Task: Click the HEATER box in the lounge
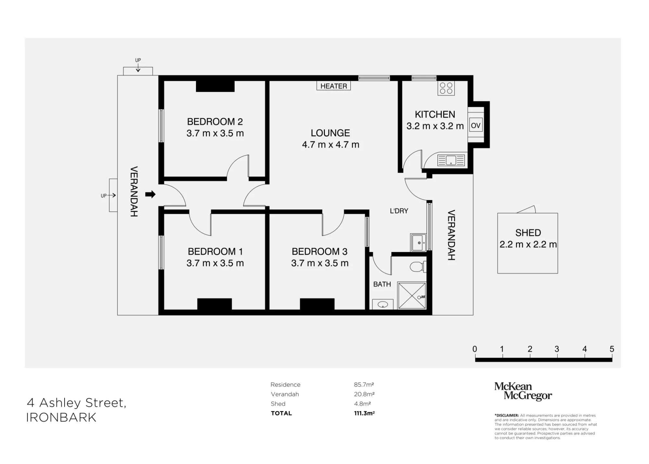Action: pyautogui.click(x=334, y=86)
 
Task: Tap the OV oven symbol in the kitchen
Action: pyautogui.click(x=476, y=125)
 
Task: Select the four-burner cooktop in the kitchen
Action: pyautogui.click(x=446, y=88)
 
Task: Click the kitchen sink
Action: pyautogui.click(x=451, y=160)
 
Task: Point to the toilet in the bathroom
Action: pyautogui.click(x=417, y=267)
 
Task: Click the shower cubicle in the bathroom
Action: pyautogui.click(x=412, y=296)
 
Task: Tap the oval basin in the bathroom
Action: pyautogui.click(x=383, y=304)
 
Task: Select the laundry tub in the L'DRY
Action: pyautogui.click(x=418, y=242)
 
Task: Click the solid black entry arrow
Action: pyautogui.click(x=150, y=194)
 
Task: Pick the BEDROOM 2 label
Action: pyautogui.click(x=215, y=122)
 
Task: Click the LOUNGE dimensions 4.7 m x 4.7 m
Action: pyautogui.click(x=331, y=145)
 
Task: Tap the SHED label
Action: pyautogui.click(x=528, y=233)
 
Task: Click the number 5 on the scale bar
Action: pyautogui.click(x=612, y=349)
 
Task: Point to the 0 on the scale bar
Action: pyautogui.click(x=475, y=349)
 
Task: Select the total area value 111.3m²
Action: pyautogui.click(x=364, y=413)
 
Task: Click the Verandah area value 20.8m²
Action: pyautogui.click(x=364, y=394)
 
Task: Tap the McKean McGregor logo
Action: pyautogui.click(x=523, y=391)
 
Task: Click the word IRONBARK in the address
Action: pyautogui.click(x=61, y=418)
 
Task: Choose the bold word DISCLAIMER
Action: pyautogui.click(x=507, y=416)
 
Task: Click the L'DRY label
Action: pyautogui.click(x=399, y=211)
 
